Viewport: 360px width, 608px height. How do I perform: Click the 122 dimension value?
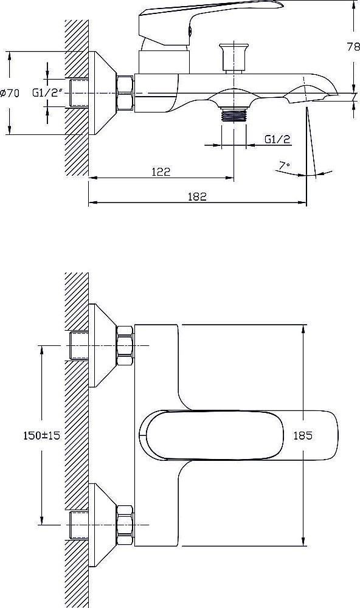pos(161,171)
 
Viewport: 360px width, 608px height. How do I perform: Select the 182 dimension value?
pos(197,196)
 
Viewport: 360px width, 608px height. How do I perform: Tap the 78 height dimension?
pos(353,47)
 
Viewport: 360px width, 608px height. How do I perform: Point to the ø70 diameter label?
pos(10,93)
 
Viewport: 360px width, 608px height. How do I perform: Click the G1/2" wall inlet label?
pos(47,93)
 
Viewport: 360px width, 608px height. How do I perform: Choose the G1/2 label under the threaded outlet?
pos(277,139)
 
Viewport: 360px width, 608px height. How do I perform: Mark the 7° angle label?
pos(285,165)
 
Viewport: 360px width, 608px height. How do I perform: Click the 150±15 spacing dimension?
pos(41,435)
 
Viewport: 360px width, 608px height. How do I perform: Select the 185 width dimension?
pos(303,435)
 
